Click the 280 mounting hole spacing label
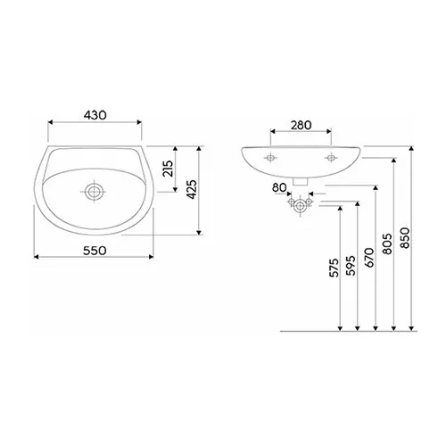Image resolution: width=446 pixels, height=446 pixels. (301, 126)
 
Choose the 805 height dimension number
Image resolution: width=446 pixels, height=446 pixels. (387, 243)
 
